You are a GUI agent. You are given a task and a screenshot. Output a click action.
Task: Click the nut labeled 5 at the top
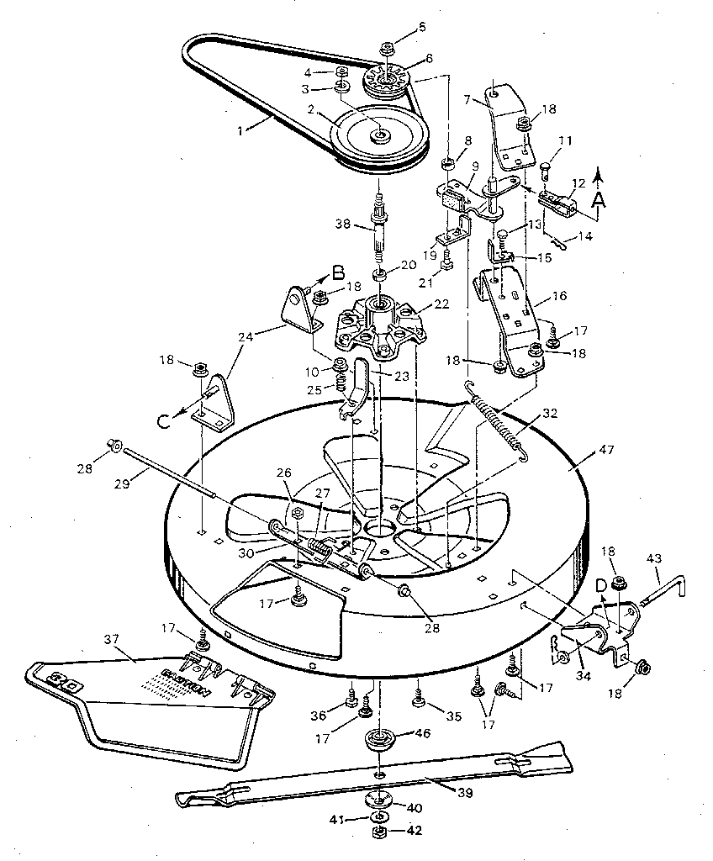coord(388,48)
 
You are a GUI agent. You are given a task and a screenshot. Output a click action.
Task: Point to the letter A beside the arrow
coord(599,198)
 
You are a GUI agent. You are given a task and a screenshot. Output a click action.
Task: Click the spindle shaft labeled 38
coord(379,227)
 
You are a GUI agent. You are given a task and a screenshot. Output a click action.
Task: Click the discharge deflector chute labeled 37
coord(143,698)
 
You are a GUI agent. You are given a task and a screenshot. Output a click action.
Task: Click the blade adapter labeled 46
coord(379,740)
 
